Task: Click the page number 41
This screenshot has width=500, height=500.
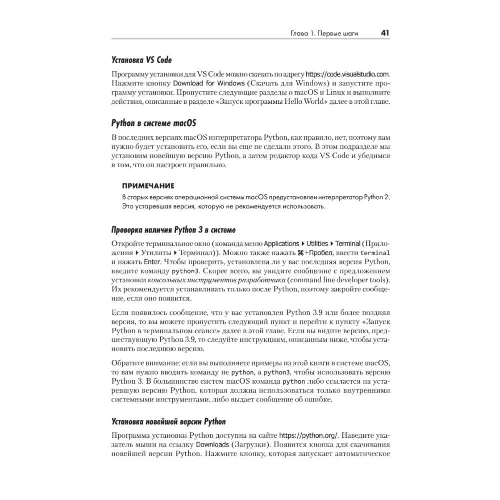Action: pos(385,33)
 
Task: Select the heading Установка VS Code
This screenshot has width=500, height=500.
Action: pos(141,60)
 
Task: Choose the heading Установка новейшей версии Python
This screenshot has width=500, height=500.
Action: pos(168,420)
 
